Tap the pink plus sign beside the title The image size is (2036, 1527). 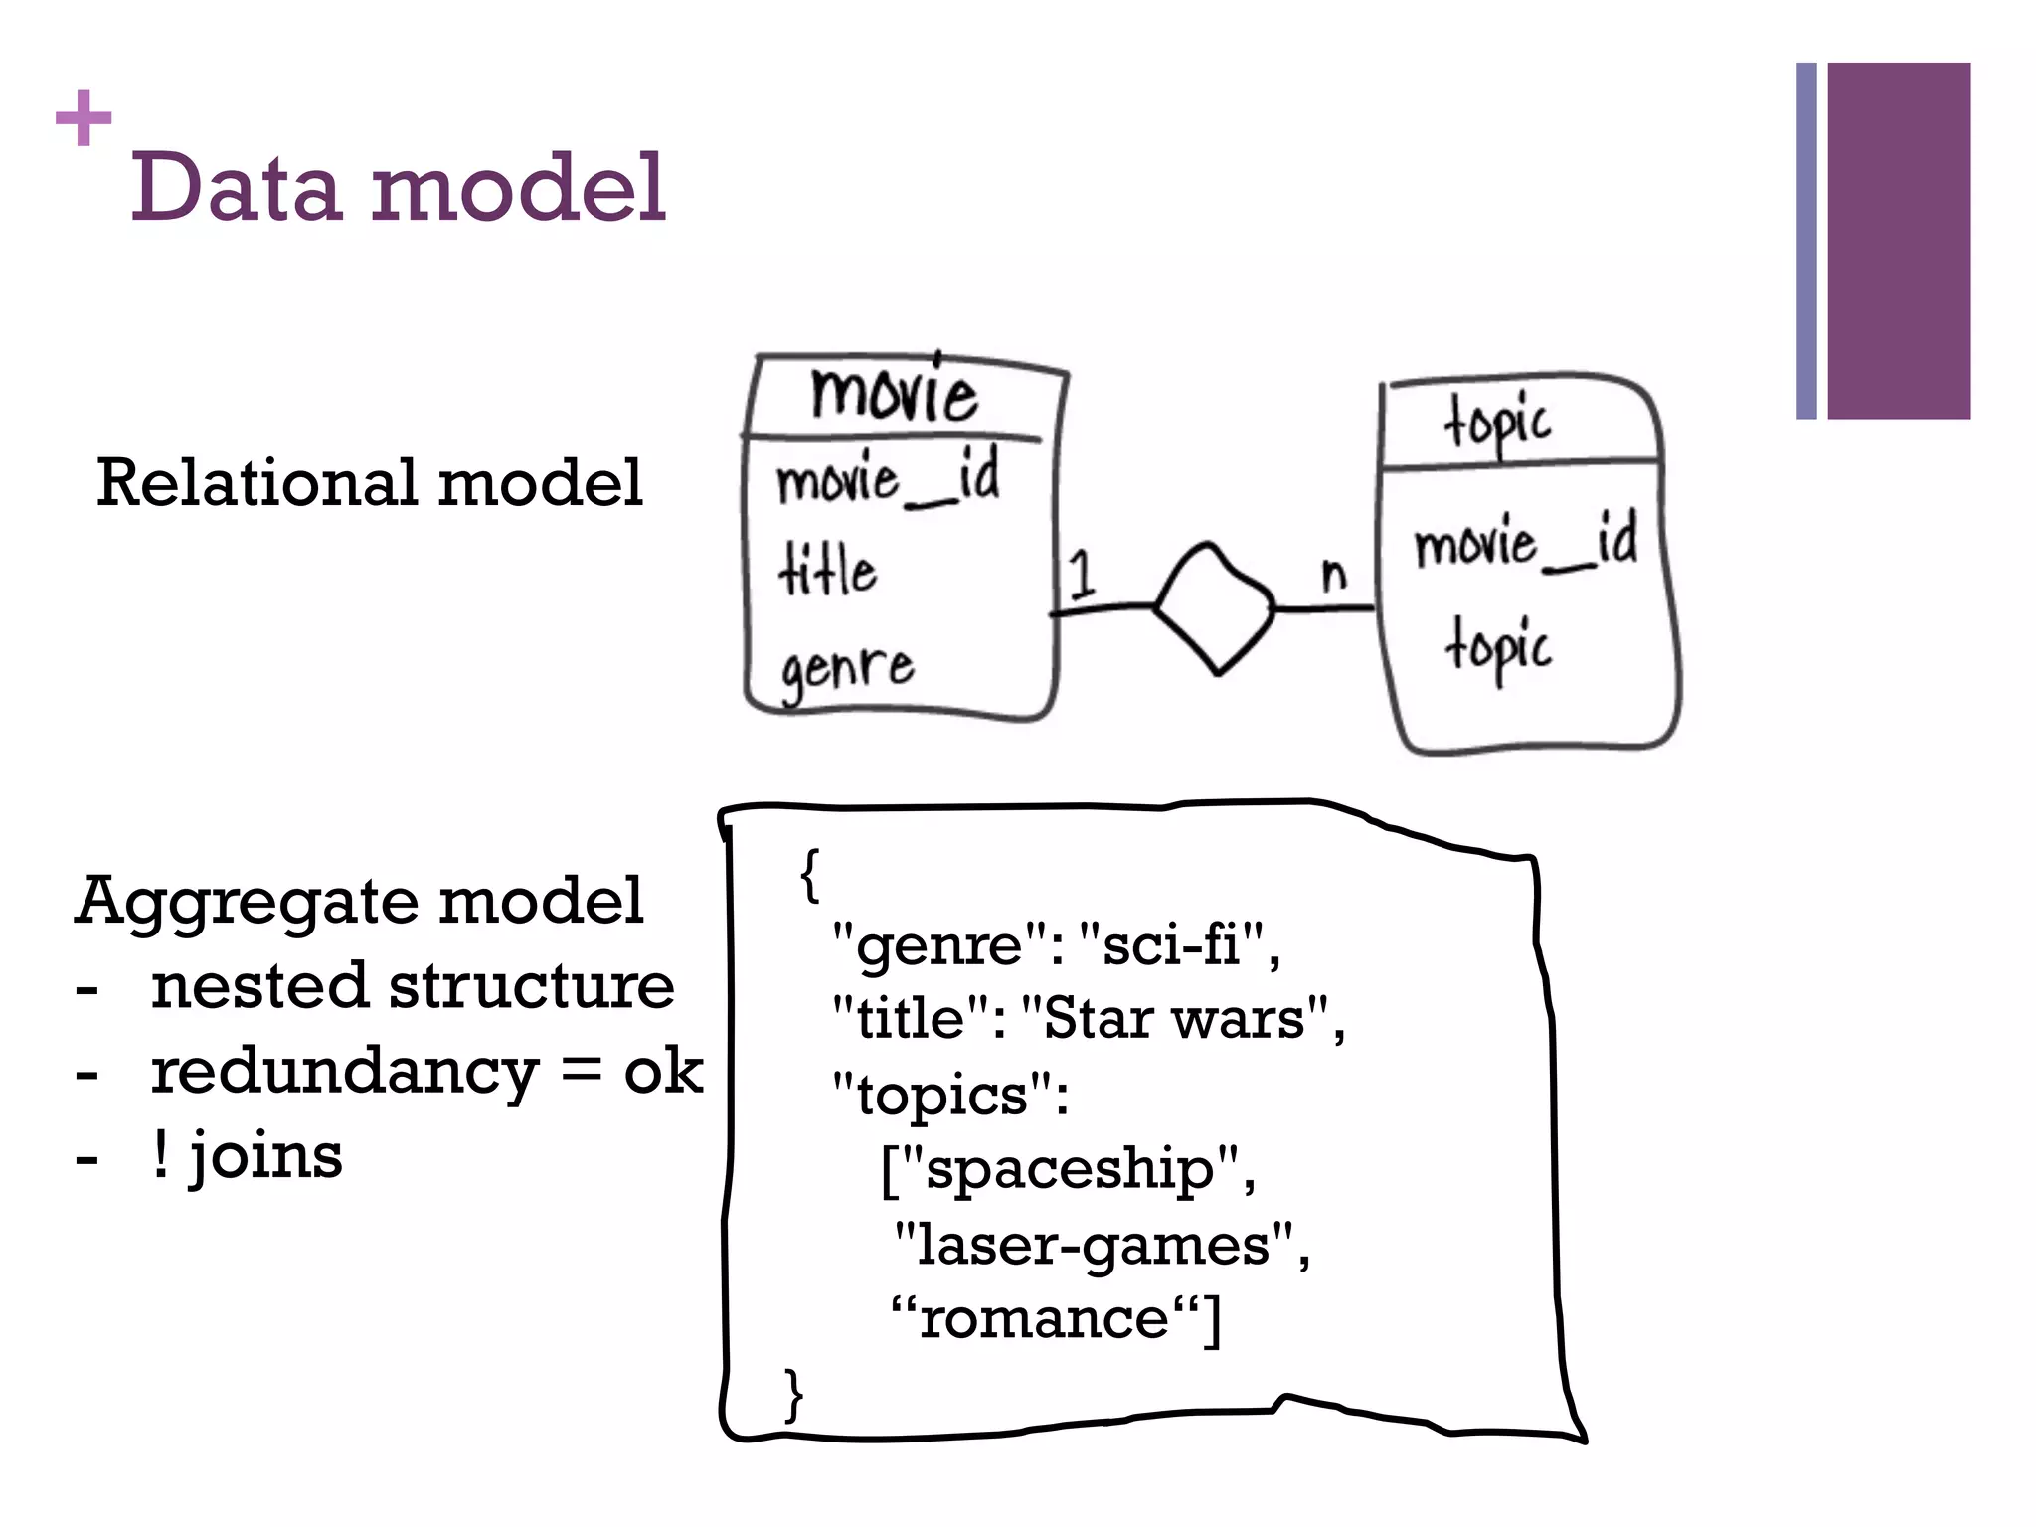tap(84, 118)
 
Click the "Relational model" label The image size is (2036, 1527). tap(369, 483)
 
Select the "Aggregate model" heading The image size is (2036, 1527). tap(359, 901)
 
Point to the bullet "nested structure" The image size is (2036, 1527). tap(412, 986)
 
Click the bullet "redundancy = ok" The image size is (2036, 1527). tap(425, 1072)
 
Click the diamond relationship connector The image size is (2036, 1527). tap(1214, 607)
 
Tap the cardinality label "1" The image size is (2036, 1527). tap(1081, 575)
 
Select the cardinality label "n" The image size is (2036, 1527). tap(1334, 574)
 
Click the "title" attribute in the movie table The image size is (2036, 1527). tap(827, 571)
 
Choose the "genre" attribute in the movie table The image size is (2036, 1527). tap(846, 668)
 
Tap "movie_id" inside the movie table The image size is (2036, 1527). tap(888, 479)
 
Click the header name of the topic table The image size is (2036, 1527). tap(1497, 423)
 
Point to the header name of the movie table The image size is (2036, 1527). tap(894, 393)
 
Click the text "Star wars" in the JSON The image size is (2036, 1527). tap(1173, 1019)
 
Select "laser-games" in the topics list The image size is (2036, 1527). tap(1093, 1245)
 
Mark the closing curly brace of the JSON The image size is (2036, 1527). tap(793, 1394)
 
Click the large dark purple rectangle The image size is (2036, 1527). tap(1899, 241)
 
